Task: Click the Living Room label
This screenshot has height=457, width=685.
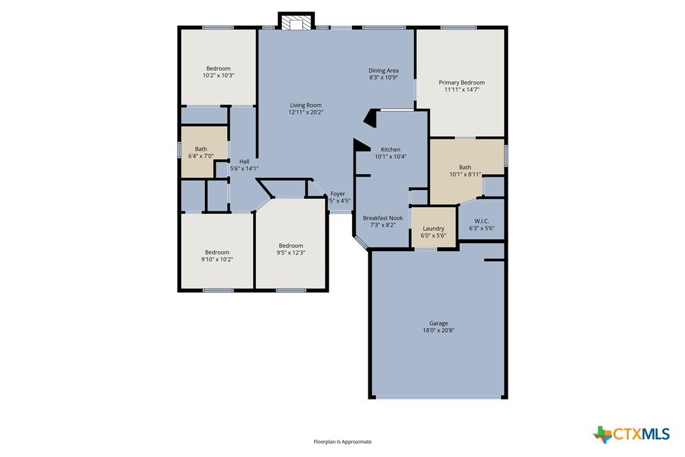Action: [x=305, y=105]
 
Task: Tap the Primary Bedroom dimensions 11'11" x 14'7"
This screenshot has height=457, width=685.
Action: [x=462, y=90]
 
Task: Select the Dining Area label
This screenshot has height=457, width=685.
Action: [x=383, y=71]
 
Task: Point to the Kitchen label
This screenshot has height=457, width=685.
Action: [x=390, y=150]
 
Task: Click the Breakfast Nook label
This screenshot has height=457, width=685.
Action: [x=383, y=218]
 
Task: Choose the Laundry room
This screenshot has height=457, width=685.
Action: [x=434, y=227]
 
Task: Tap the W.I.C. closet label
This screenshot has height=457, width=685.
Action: [x=481, y=222]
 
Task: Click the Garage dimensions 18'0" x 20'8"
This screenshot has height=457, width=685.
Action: [x=438, y=331]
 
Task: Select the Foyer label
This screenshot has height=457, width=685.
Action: [x=337, y=194]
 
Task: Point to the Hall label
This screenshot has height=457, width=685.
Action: [x=244, y=162]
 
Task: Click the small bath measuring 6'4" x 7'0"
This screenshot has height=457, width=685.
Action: [x=204, y=151]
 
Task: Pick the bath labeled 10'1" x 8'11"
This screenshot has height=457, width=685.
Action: [x=465, y=170]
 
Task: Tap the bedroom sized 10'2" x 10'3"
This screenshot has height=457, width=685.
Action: [x=218, y=67]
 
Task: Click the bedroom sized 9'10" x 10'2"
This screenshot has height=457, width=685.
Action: [x=217, y=251]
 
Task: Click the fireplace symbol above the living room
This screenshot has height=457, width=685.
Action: [x=296, y=22]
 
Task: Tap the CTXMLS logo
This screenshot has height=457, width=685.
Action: [x=631, y=434]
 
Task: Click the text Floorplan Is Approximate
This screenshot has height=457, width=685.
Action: [x=342, y=442]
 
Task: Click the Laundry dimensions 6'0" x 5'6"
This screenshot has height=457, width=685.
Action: [x=433, y=235]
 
